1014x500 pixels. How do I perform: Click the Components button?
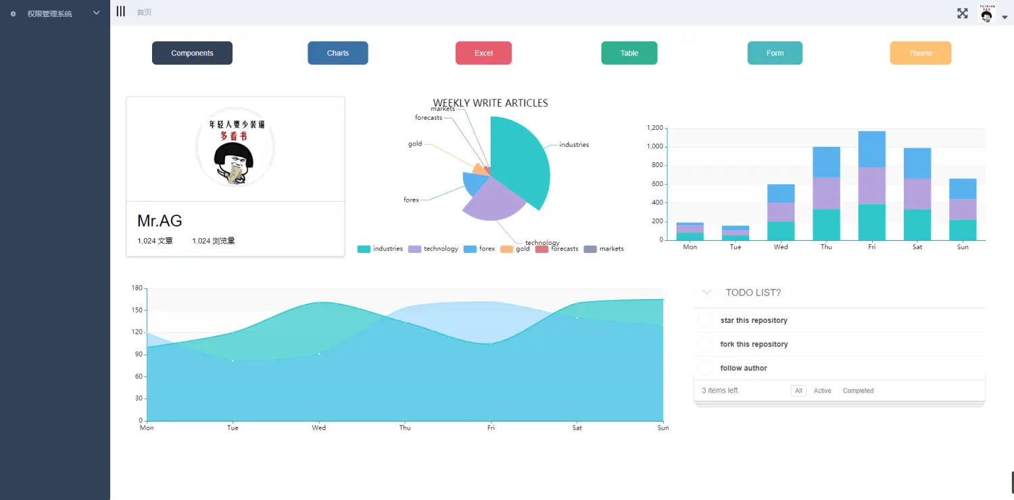(x=192, y=53)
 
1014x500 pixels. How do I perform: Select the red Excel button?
(x=483, y=53)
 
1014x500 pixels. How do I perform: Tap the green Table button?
(x=629, y=53)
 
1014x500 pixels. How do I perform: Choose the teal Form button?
(x=775, y=53)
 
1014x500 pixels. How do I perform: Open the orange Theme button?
(x=920, y=53)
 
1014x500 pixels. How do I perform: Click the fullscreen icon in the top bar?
(x=963, y=13)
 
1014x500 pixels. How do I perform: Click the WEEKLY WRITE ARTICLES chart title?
(x=490, y=104)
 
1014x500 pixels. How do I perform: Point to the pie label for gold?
(x=415, y=143)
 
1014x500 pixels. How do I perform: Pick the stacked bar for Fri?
(x=871, y=185)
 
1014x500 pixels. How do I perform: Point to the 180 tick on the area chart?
(x=137, y=288)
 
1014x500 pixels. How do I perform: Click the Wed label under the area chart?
(x=318, y=428)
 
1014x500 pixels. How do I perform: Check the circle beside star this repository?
(x=705, y=321)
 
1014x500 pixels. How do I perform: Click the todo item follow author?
(x=744, y=368)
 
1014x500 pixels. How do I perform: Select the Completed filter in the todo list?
(x=858, y=391)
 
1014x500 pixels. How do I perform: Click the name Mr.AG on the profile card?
(x=160, y=221)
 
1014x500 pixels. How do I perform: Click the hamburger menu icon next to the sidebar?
(x=120, y=12)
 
